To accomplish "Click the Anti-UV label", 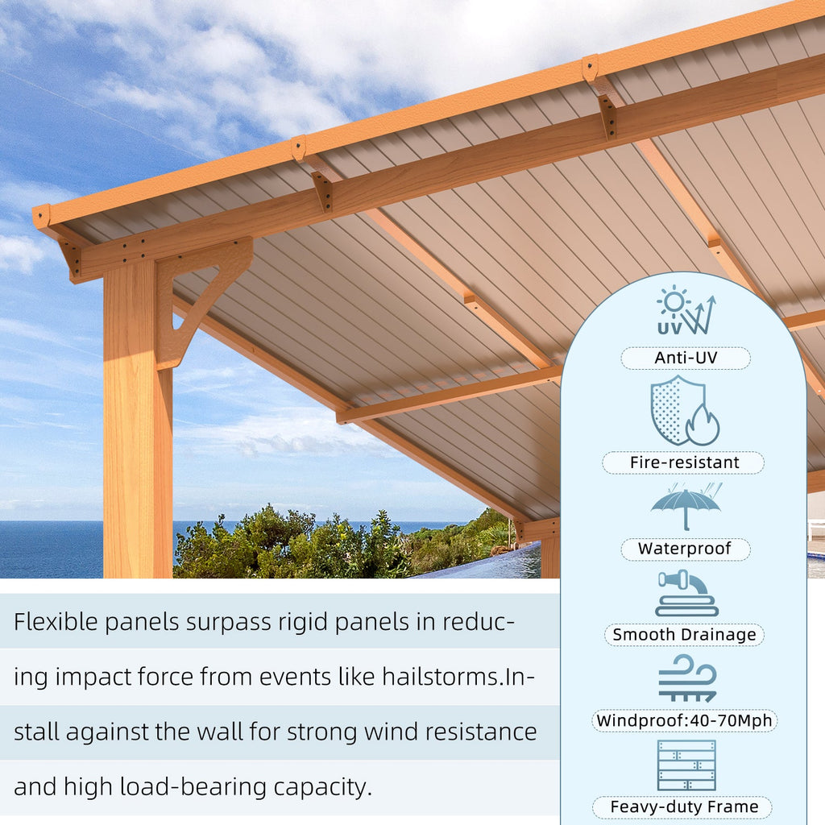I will (685, 358).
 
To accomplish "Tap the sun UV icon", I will (685, 310).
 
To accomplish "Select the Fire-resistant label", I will (683, 462).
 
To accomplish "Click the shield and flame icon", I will (685, 410).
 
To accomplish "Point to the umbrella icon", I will (686, 506).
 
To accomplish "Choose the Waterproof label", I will (685, 549).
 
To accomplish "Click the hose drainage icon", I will (686, 593).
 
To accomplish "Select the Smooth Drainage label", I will (684, 635).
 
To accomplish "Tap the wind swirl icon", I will (686, 678).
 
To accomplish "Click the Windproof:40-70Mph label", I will (684, 720).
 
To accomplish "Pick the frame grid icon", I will (686, 765).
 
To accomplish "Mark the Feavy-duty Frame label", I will (683, 806).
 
